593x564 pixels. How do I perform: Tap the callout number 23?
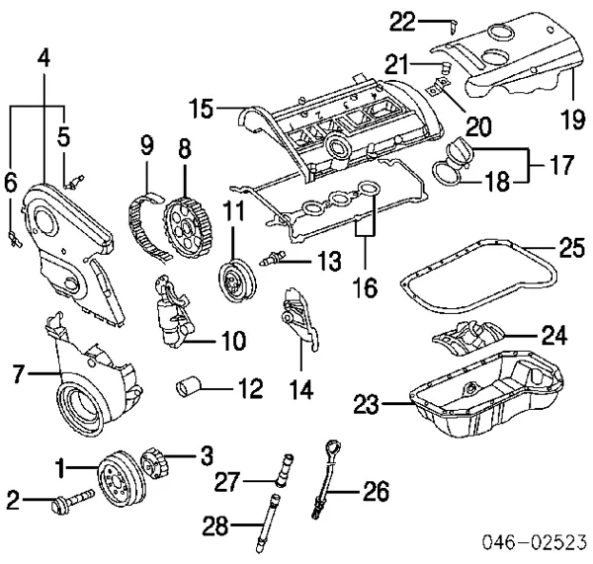tap(367, 403)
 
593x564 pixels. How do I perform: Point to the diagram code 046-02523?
tap(533, 541)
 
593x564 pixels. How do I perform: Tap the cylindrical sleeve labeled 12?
tap(190, 384)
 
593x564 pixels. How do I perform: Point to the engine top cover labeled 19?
tap(514, 64)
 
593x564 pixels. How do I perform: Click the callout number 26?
tap(377, 491)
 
